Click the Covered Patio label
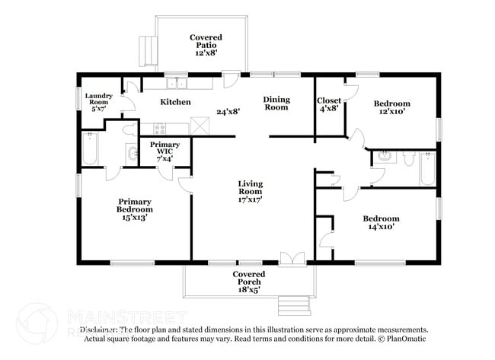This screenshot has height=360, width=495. (205, 45)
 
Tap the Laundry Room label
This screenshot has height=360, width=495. (99, 102)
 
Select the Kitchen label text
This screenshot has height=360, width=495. (175, 102)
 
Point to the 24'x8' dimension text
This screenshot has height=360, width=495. (228, 111)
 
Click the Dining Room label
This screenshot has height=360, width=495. (276, 103)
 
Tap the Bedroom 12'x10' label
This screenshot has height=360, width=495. (391, 107)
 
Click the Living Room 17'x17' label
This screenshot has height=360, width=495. (250, 191)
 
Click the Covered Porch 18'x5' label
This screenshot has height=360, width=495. (248, 282)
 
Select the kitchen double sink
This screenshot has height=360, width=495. (177, 83)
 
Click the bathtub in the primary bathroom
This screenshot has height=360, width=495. (90, 148)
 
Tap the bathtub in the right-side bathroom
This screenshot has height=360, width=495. (426, 168)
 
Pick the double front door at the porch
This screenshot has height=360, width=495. (291, 259)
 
